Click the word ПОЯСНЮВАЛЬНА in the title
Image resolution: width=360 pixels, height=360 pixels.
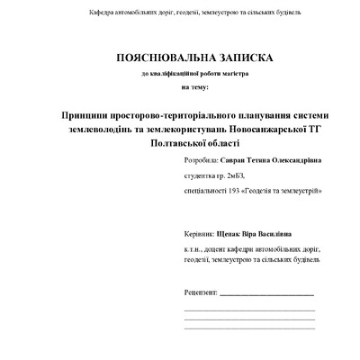tap(159, 58)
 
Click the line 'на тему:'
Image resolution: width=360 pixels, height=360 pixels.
tap(193, 87)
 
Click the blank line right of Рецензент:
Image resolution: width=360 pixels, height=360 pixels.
tap(266, 295)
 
